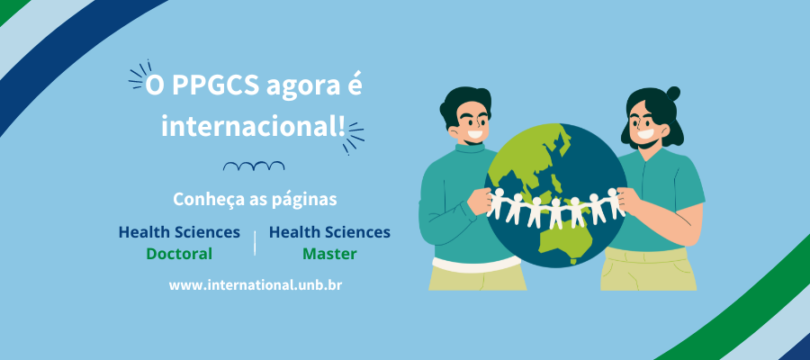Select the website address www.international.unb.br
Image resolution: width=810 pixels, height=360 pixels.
click(256, 284)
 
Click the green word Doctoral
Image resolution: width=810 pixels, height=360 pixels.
click(179, 254)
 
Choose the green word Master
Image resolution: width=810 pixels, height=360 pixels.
click(329, 254)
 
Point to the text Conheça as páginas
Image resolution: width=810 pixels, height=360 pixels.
click(255, 197)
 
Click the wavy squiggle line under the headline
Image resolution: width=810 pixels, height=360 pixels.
click(254, 166)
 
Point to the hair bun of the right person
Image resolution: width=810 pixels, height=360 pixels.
click(673, 93)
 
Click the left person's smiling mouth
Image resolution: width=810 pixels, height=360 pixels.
click(474, 136)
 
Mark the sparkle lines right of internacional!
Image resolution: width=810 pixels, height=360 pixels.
click(355, 133)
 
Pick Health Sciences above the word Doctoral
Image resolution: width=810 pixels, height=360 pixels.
click(179, 232)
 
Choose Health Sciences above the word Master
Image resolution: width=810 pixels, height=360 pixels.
click(329, 232)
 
